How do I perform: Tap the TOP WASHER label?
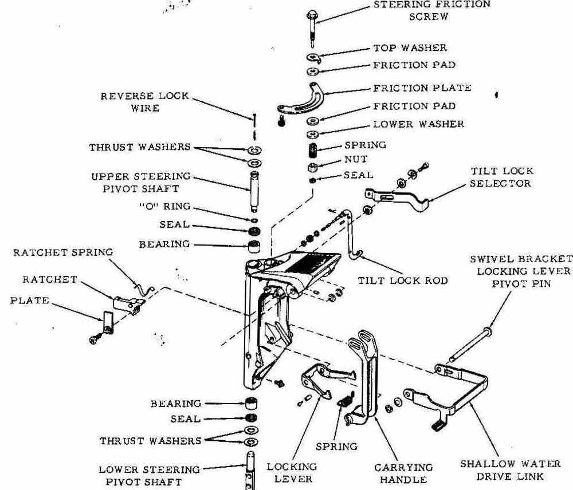point(410,48)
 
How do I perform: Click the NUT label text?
point(356,159)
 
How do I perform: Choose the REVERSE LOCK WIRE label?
point(145,101)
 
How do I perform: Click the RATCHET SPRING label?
point(64,252)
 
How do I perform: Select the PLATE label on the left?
point(29,300)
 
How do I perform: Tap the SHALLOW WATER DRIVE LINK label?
point(510,469)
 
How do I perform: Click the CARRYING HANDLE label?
point(406,473)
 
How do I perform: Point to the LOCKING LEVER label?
point(292,472)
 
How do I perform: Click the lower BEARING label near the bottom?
point(176,404)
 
